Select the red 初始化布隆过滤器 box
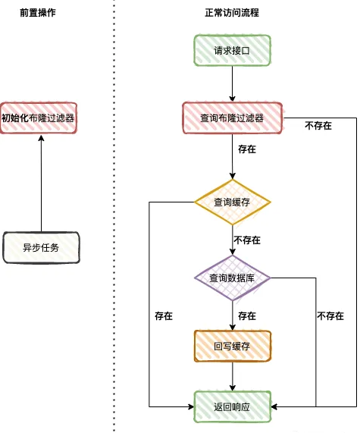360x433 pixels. coord(39,118)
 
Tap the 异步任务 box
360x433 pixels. coord(41,247)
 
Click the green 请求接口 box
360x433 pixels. coord(232,52)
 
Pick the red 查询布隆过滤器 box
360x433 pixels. coord(232,118)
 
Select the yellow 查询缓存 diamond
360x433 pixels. coord(232,202)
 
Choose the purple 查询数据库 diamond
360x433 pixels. coord(232,278)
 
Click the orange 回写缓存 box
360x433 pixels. coord(232,346)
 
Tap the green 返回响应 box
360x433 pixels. coord(232,406)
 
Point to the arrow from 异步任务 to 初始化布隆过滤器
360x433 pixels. coord(41,182)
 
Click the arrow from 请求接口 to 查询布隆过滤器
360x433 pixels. coord(232,85)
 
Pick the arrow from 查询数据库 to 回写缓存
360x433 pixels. coord(232,315)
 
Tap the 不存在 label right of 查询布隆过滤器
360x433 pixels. coord(318,126)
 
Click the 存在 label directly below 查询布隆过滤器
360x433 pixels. coord(246,149)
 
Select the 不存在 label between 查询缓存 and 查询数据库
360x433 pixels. coord(247,240)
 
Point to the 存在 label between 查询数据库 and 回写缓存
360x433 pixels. coord(246,315)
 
